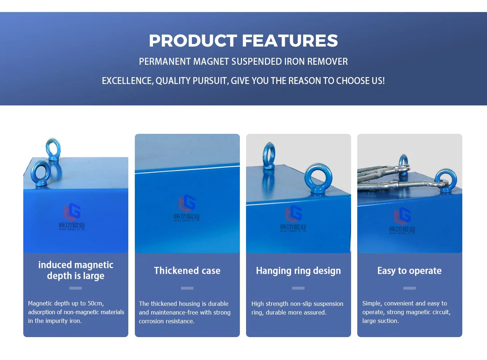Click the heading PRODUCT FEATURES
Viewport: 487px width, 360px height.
pos(243,41)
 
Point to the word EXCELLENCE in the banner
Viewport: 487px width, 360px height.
pos(127,81)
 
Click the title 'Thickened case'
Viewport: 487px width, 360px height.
pos(187,271)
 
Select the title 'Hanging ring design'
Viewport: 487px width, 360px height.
pos(298,271)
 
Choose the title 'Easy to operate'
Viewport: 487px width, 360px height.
pos(409,271)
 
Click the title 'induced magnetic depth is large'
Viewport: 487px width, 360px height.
pos(76,270)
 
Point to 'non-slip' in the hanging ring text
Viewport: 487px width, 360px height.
pos(299,304)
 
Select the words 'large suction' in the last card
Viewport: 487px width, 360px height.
pos(380,321)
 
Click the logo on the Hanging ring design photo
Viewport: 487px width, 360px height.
pos(293,219)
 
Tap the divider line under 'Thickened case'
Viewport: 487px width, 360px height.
pos(187,288)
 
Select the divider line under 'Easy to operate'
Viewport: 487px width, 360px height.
pos(409,288)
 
